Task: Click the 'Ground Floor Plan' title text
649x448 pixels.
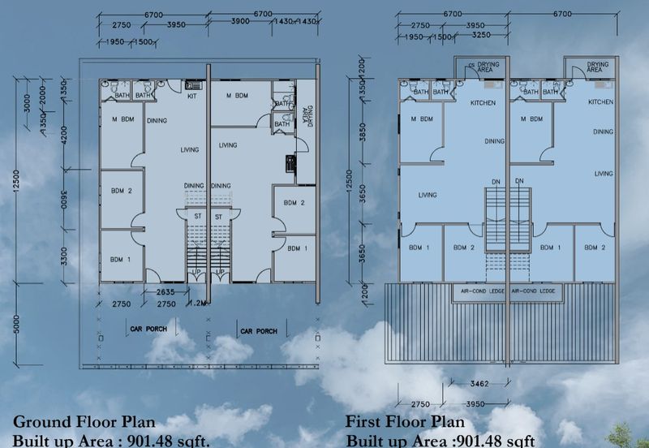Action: (x=84, y=422)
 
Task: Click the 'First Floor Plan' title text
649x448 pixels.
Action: (x=405, y=422)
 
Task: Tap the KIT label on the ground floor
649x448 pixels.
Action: (x=192, y=97)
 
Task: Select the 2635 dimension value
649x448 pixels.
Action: (x=166, y=292)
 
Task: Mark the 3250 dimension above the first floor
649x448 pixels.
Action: (x=480, y=37)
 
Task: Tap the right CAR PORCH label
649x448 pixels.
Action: (x=257, y=331)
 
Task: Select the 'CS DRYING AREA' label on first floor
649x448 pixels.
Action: (x=484, y=67)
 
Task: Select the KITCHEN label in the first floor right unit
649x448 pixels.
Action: (x=600, y=102)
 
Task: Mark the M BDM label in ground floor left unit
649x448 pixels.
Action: (x=122, y=120)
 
